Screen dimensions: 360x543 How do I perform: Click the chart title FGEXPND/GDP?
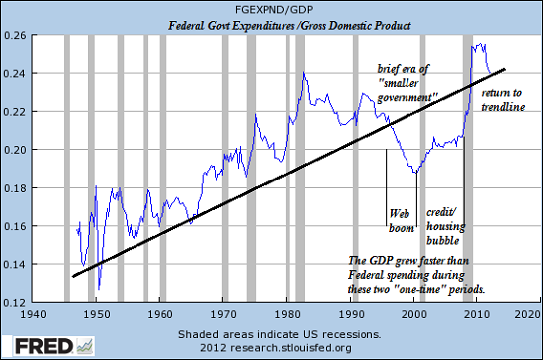coord(272,8)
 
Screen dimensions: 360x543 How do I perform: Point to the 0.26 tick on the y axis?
coord(16,36)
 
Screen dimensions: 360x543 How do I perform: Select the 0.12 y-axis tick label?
coord(16,302)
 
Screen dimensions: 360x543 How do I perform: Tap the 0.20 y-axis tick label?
coord(16,150)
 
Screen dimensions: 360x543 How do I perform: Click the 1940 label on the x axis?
coord(33,313)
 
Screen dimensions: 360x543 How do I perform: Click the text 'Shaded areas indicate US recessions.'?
coord(271,331)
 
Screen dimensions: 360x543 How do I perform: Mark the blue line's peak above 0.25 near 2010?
coord(477,44)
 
